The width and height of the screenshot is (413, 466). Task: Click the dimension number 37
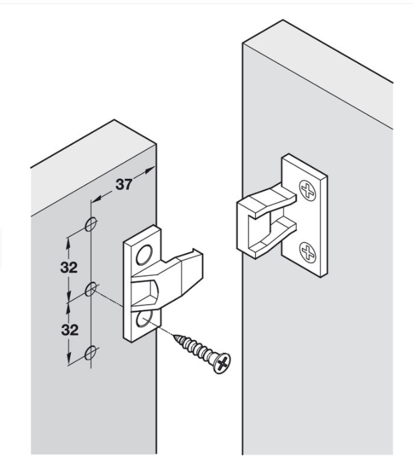point(123,185)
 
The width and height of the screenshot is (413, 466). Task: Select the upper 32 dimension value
point(68,267)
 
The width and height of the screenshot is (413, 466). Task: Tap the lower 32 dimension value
point(68,329)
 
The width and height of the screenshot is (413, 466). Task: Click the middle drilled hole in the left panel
point(92,289)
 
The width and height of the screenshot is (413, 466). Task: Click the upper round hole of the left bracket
point(145,253)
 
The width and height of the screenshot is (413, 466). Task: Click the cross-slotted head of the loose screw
point(220,362)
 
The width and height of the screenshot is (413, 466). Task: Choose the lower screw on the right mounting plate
point(308,252)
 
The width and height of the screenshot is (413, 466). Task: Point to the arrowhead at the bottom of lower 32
point(68,360)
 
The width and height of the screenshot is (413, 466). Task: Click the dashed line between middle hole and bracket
point(110,299)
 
